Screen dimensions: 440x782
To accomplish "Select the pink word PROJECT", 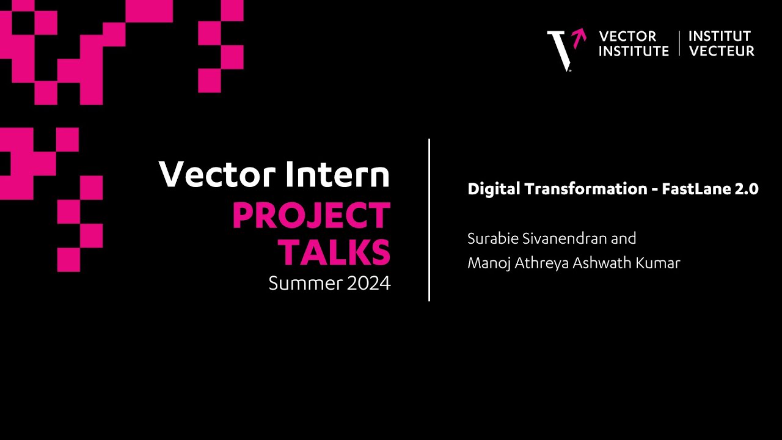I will pyautogui.click(x=311, y=216).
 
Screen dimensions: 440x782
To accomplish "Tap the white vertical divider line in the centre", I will pyautogui.click(x=429, y=220).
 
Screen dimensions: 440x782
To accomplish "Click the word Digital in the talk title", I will pyautogui.click(x=492, y=189).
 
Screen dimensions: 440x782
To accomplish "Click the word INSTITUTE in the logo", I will pyautogui.click(x=634, y=51).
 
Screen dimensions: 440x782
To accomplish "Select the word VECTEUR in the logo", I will pyautogui.click(x=722, y=51).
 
